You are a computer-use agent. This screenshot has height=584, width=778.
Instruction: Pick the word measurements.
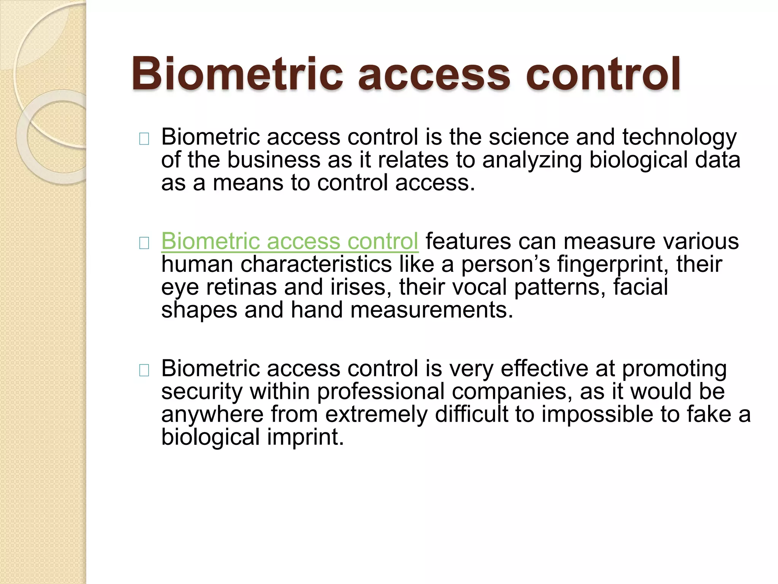tap(432, 310)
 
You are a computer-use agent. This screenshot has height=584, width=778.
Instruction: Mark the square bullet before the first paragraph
tap(144, 139)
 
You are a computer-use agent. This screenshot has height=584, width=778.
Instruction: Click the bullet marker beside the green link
tap(144, 243)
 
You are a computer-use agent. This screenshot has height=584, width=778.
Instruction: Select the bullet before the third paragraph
tap(144, 371)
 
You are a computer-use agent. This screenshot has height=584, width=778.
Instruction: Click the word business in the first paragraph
tap(274, 160)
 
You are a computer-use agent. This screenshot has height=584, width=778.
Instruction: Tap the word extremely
tap(376, 414)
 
